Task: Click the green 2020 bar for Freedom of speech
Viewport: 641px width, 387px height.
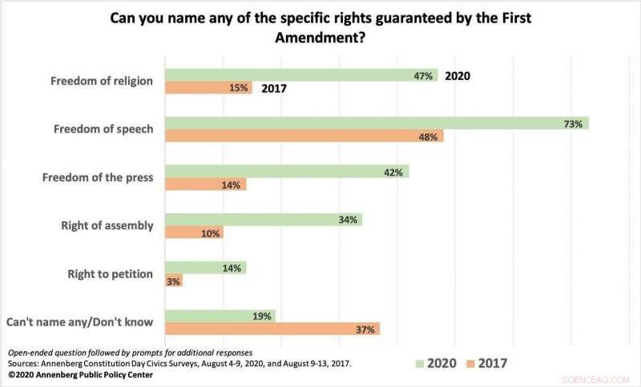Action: tap(377, 123)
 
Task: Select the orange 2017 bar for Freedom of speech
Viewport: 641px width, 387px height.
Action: tap(304, 137)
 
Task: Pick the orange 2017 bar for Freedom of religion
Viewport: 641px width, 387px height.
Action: tap(208, 88)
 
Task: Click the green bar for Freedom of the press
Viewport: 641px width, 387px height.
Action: tap(286, 171)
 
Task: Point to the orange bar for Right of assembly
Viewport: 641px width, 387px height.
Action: tap(193, 232)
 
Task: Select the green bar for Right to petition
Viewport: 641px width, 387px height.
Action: tap(205, 268)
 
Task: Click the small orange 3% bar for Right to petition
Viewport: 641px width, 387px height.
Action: tap(173, 280)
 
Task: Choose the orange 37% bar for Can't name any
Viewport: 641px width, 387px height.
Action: tap(272, 329)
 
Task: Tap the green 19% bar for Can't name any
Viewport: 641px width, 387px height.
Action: tap(220, 316)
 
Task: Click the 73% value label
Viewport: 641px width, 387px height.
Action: tap(572, 123)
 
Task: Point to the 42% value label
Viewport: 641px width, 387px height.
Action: tap(393, 171)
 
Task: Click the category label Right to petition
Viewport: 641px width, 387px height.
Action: tap(110, 274)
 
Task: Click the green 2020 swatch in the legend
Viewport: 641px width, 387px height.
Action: tap(420, 364)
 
